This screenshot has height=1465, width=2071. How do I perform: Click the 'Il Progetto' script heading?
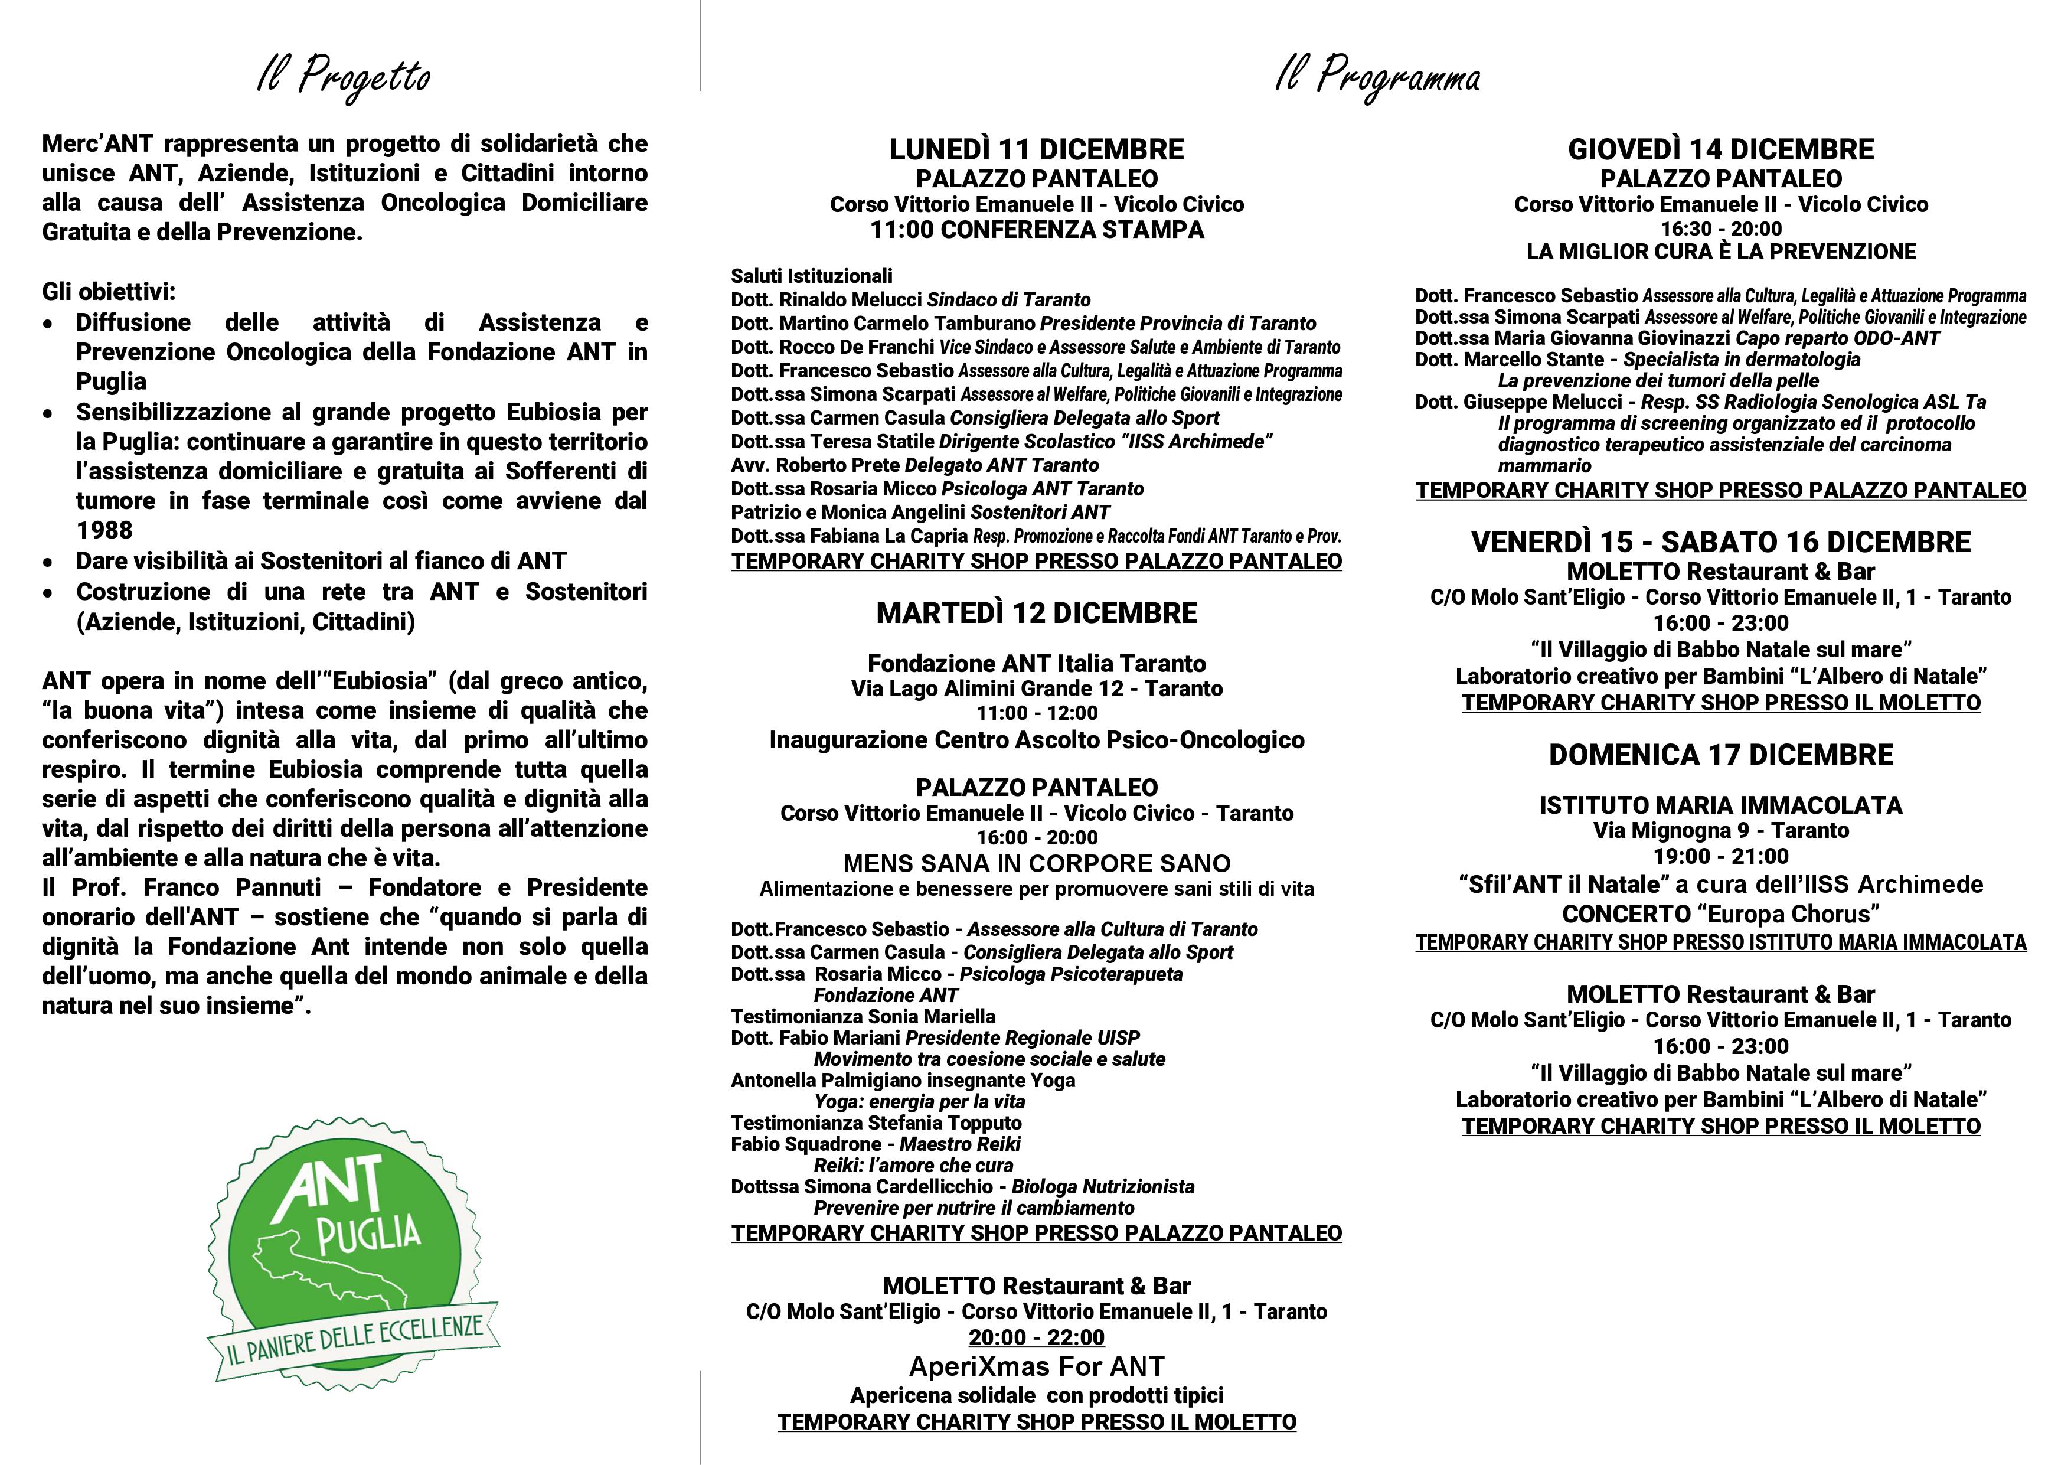coord(344,77)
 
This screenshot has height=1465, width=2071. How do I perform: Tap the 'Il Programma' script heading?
coord(1377,77)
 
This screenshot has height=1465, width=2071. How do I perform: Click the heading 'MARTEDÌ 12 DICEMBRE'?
coord(1037,614)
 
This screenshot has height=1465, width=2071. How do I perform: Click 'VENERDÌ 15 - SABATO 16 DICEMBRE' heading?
coord(1720,542)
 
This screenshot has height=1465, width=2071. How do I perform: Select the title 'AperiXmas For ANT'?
coord(1037,1366)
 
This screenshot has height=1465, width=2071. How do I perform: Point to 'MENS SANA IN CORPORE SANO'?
coord(1037,864)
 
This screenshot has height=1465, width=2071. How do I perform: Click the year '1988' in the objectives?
coord(104,530)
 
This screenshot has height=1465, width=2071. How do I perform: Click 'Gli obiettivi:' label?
coord(108,292)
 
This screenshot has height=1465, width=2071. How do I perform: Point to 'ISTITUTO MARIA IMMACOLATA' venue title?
coord(1720,805)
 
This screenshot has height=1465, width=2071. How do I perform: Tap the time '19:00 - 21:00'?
coord(1720,857)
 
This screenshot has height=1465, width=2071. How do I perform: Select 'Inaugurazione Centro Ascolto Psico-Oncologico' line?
coord(1037,740)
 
